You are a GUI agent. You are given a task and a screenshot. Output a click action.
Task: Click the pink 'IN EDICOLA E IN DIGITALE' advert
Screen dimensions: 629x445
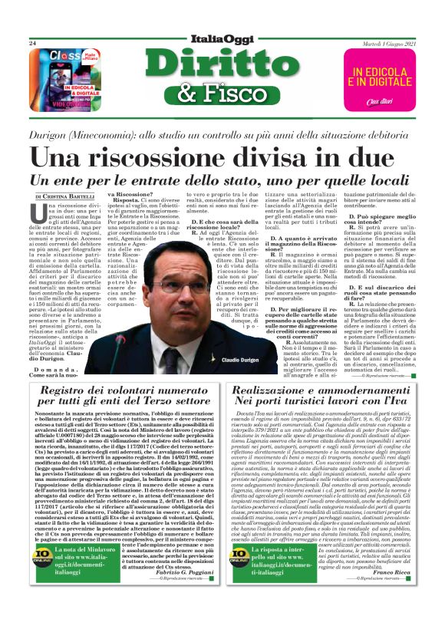click(x=380, y=77)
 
